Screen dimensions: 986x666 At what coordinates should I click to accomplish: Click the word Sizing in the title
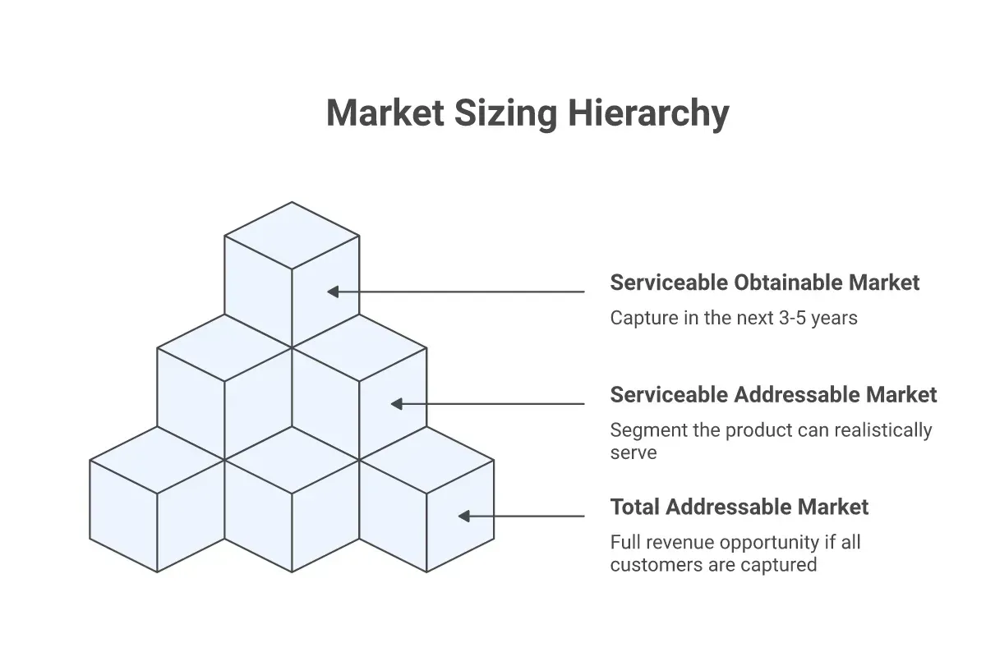pyautogui.click(x=506, y=113)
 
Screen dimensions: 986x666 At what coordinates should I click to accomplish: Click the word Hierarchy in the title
pyautogui.click(x=648, y=113)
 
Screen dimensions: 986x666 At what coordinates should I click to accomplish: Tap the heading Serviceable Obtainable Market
pyautogui.click(x=765, y=282)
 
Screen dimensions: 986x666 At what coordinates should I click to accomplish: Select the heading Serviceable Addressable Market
pyautogui.click(x=773, y=394)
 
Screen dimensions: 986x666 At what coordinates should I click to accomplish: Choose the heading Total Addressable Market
pyautogui.click(x=739, y=507)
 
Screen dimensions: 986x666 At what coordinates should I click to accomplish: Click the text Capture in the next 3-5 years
pyautogui.click(x=734, y=318)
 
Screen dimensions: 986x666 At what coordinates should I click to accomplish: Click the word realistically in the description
pyautogui.click(x=883, y=430)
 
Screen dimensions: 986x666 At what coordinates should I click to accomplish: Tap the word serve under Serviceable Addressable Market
pyautogui.click(x=634, y=453)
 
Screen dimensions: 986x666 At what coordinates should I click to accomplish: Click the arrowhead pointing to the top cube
pyautogui.click(x=333, y=292)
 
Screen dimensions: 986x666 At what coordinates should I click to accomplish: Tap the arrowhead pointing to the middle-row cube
pyautogui.click(x=397, y=404)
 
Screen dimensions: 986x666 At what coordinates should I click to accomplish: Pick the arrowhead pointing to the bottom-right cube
pyautogui.click(x=464, y=516)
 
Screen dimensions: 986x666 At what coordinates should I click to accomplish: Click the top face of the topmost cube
pyautogui.click(x=292, y=236)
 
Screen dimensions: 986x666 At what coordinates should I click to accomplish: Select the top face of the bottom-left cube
pyautogui.click(x=157, y=460)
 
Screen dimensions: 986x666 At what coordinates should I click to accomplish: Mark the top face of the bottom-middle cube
pyautogui.click(x=292, y=460)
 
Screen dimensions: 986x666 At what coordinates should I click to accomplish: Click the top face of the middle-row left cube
pyautogui.click(x=224, y=348)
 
